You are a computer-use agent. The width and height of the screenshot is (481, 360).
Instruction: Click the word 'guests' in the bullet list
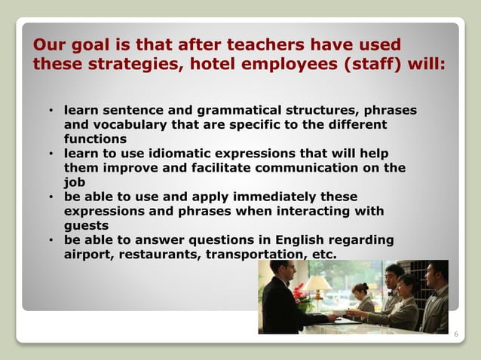point(87,224)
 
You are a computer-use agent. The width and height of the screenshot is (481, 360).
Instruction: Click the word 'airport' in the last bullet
point(89,254)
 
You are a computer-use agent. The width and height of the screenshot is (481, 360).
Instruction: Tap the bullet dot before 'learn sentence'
point(50,111)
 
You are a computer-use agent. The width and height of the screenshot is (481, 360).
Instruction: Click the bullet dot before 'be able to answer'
point(50,240)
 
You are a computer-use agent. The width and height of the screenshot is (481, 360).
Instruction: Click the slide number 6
point(455,332)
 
